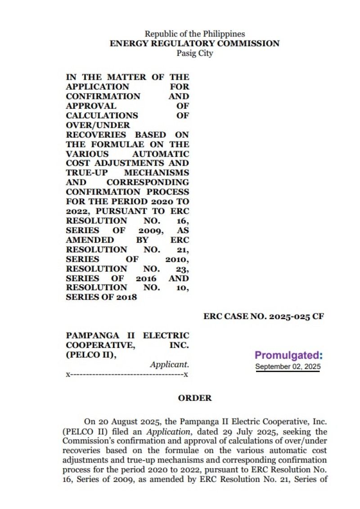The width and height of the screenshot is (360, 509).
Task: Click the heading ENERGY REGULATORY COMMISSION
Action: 194,44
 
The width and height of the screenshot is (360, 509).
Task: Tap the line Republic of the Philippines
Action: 194,34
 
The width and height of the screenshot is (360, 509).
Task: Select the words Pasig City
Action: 194,54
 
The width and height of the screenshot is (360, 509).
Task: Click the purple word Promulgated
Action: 288,356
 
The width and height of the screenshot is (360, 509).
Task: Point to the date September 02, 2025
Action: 288,366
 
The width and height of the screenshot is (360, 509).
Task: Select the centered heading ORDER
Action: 194,398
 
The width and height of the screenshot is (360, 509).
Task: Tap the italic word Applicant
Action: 169,365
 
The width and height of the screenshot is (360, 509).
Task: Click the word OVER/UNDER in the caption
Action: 98,125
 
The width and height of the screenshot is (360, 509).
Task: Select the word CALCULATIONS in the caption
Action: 102,116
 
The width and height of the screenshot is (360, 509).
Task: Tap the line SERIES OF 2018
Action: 101,297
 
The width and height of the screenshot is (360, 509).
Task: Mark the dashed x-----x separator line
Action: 127,374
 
